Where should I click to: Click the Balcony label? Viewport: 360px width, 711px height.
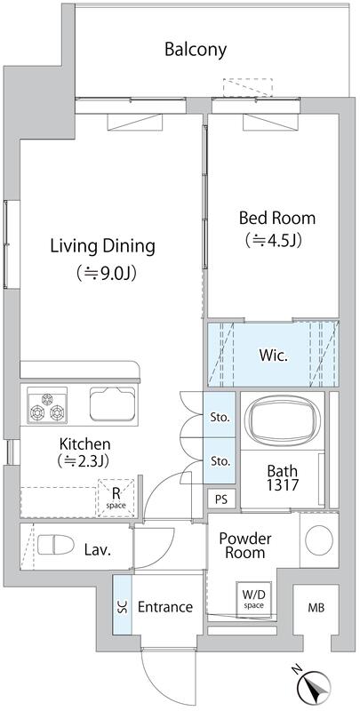(x=196, y=50)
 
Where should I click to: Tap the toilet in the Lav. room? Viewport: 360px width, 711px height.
(x=56, y=544)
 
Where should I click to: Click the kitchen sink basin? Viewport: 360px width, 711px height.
(x=112, y=403)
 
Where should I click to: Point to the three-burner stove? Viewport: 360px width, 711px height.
(x=47, y=405)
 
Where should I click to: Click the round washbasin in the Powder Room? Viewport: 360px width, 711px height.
(x=319, y=539)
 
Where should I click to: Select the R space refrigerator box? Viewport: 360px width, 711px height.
(x=116, y=498)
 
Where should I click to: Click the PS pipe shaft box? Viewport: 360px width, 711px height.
(x=221, y=499)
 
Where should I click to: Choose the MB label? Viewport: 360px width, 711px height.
(x=316, y=608)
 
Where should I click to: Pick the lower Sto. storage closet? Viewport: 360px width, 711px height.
(x=220, y=460)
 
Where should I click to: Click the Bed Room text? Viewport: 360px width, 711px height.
(x=277, y=218)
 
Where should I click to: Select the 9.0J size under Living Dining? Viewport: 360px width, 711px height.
(x=107, y=273)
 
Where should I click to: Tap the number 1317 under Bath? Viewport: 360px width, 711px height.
(x=282, y=485)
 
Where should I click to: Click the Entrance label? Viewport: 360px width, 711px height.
(x=165, y=607)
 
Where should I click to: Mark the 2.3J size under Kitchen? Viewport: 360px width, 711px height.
(x=84, y=460)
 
